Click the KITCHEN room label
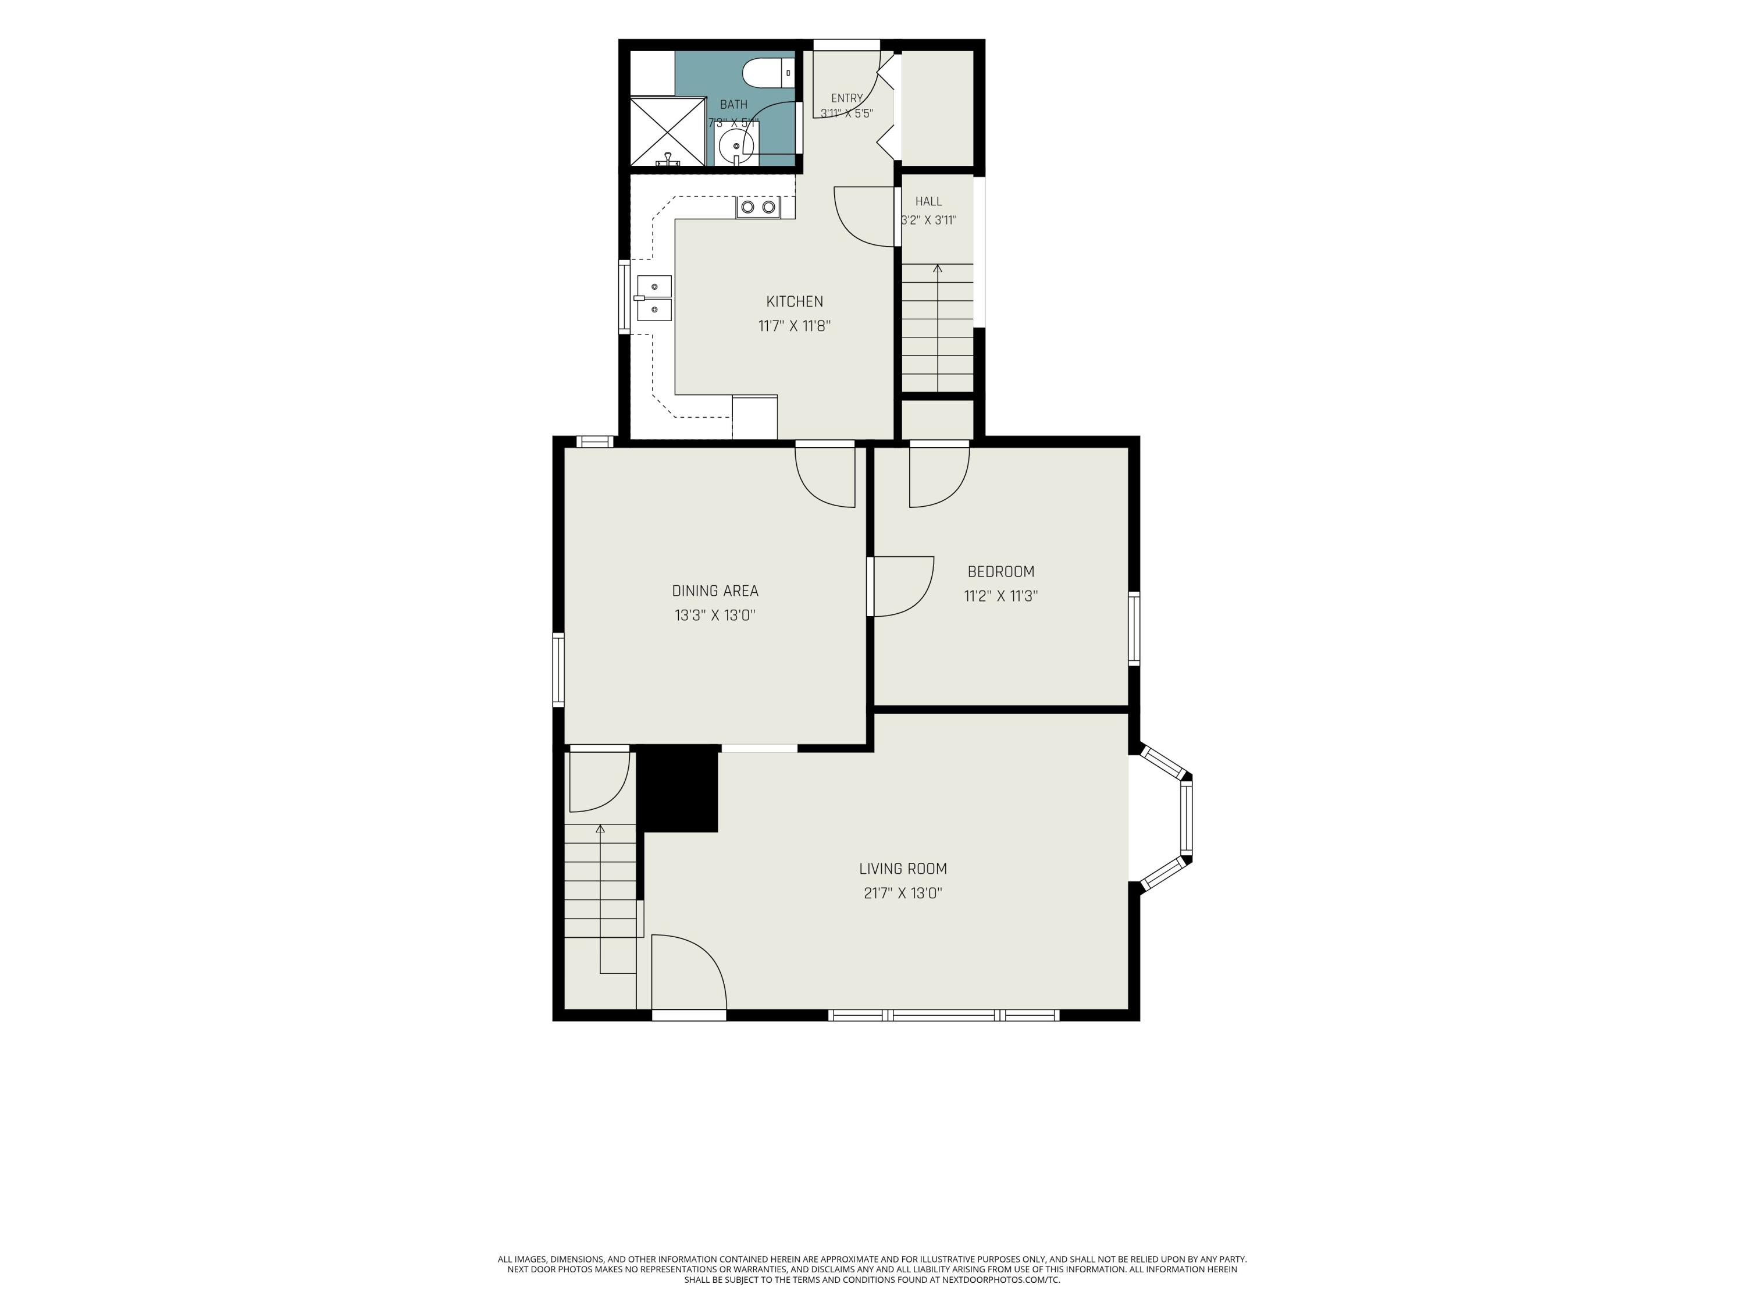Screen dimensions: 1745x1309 [795, 301]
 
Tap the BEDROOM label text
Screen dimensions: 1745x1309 [1000, 571]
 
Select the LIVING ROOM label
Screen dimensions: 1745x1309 [903, 869]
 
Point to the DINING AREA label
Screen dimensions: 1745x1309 [715, 590]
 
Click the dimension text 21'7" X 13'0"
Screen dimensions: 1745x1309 [903, 893]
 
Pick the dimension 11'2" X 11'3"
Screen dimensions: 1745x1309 [1000, 596]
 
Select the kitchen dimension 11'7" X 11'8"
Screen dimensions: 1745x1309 [795, 326]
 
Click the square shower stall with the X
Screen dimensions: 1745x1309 [667, 131]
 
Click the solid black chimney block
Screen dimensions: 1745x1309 [678, 788]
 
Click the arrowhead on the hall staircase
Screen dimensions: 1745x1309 [937, 269]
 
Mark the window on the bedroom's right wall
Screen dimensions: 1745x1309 [1134, 628]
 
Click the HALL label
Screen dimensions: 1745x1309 [928, 202]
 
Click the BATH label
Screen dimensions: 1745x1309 [733, 104]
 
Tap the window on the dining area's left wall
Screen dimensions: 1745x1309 [558, 669]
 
